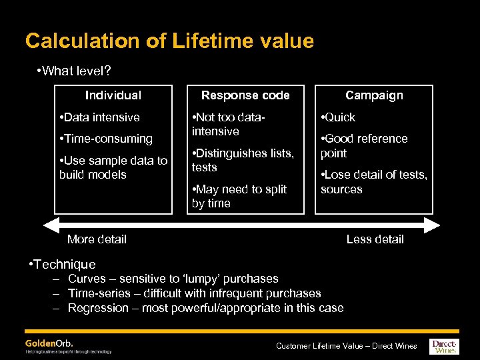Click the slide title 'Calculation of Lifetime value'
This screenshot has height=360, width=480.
point(169,41)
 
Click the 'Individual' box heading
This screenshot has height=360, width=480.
point(113,95)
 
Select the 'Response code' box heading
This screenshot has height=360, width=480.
point(245,95)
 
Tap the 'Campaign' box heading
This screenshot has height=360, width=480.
point(374,95)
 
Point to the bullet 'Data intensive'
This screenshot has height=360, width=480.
point(99,117)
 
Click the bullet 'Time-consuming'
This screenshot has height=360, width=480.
point(106,139)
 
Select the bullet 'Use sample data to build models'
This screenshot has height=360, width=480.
point(113,167)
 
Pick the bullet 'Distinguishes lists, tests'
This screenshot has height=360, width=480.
point(243,161)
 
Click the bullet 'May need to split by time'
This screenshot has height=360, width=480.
point(239,197)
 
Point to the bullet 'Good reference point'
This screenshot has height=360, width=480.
point(364,146)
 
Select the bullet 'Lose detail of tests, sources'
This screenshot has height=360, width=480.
point(374,182)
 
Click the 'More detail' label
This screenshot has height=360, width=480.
point(97,239)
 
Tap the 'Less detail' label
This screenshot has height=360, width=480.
point(375,239)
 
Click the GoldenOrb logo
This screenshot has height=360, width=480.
point(50,343)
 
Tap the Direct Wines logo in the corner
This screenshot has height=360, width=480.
point(444,345)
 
